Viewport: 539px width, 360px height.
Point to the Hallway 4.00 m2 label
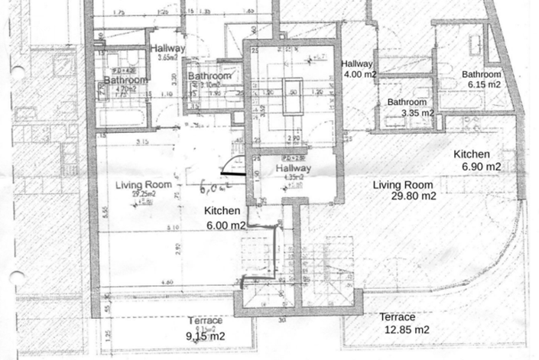tap(358, 70)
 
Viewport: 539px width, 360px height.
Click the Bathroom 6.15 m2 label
tap(480, 79)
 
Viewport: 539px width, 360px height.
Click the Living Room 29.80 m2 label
tap(404, 190)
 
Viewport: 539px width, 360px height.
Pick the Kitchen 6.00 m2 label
tap(224, 218)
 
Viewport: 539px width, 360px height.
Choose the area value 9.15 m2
tap(206, 336)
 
